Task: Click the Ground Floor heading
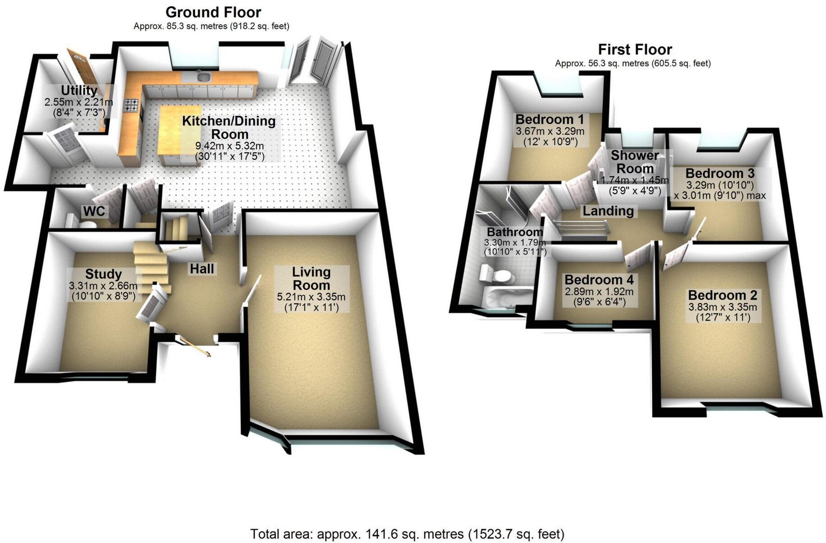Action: pyautogui.click(x=213, y=12)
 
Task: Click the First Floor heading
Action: pyautogui.click(x=634, y=49)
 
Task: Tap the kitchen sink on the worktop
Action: pyautogui.click(x=204, y=77)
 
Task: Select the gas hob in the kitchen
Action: pyautogui.click(x=132, y=105)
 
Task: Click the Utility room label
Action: pyautogui.click(x=79, y=91)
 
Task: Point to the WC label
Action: pyautogui.click(x=94, y=211)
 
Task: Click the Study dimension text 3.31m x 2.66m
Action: pyautogui.click(x=103, y=286)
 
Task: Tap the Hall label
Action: pyautogui.click(x=202, y=269)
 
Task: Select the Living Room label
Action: pyautogui.click(x=311, y=278)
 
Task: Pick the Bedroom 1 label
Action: pyautogui.click(x=549, y=119)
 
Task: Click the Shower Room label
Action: pyautogui.click(x=635, y=162)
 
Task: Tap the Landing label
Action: pyautogui.click(x=608, y=211)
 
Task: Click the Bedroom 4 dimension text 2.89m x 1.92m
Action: pyautogui.click(x=599, y=292)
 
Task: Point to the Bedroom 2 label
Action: pyautogui.click(x=722, y=296)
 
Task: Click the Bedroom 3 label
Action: pyautogui.click(x=720, y=173)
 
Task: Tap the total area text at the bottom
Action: pyautogui.click(x=407, y=534)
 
